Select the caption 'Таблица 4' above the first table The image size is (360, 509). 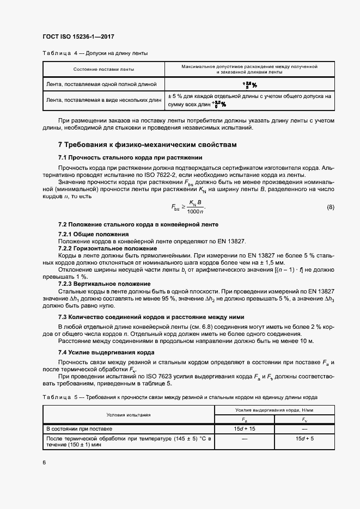click(57, 53)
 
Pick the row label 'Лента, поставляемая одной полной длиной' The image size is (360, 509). click(102, 84)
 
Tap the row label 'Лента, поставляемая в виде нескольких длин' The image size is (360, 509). click(104, 100)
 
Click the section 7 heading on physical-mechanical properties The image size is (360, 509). click(148, 145)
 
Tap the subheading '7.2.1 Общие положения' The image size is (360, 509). click(90, 234)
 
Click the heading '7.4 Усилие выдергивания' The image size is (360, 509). click(99, 352)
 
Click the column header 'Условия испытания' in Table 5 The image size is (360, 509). click(129, 415)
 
